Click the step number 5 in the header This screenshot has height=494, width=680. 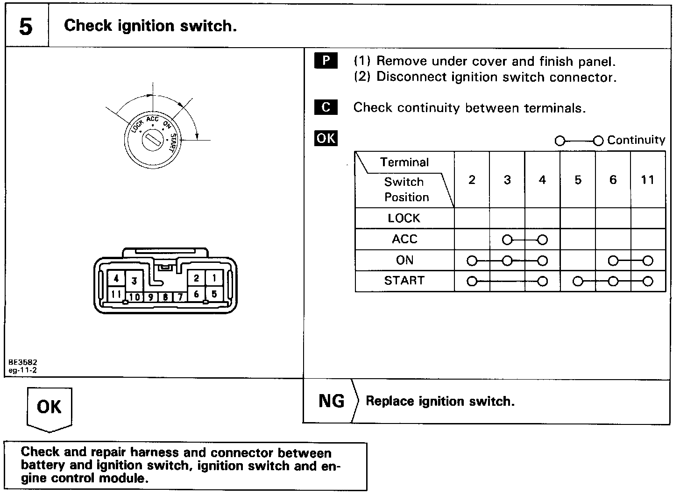pyautogui.click(x=26, y=27)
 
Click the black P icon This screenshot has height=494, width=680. pyautogui.click(x=326, y=61)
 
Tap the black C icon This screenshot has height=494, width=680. pyautogui.click(x=326, y=107)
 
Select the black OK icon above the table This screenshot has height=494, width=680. pyautogui.click(x=326, y=139)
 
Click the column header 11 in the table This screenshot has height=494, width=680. pyautogui.click(x=647, y=180)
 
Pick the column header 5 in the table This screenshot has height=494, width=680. pyautogui.click(x=578, y=180)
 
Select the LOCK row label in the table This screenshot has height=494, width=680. pyautogui.click(x=404, y=218)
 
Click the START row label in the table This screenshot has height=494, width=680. pyautogui.click(x=404, y=281)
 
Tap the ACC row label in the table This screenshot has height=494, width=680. pyautogui.click(x=404, y=239)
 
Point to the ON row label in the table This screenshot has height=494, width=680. pyautogui.click(x=404, y=260)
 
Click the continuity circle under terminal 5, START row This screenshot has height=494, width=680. pyautogui.click(x=578, y=282)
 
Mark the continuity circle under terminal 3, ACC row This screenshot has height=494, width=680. pyautogui.click(x=507, y=240)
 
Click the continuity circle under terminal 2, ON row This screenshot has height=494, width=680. pyautogui.click(x=472, y=261)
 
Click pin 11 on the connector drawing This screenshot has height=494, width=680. pyautogui.click(x=116, y=295)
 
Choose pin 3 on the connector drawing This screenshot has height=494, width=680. pyautogui.click(x=134, y=281)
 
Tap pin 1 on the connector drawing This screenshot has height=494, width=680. pyautogui.click(x=214, y=279)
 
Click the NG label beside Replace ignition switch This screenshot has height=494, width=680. pyautogui.click(x=331, y=401)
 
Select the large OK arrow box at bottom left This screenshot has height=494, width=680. pyautogui.click(x=49, y=407)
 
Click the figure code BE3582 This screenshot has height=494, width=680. pyautogui.click(x=22, y=362)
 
